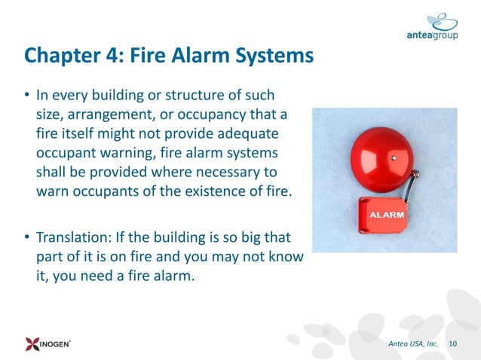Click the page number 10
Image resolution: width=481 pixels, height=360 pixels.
tap(453, 343)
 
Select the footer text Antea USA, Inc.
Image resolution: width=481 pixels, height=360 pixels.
tap(412, 343)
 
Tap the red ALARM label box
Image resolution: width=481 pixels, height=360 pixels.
tap(384, 215)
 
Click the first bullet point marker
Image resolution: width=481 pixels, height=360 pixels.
tap(27, 97)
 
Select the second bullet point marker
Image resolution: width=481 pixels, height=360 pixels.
tap(27, 239)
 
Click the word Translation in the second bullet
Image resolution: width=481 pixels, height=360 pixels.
tap(72, 239)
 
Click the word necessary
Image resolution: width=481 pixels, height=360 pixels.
tap(235, 171)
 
